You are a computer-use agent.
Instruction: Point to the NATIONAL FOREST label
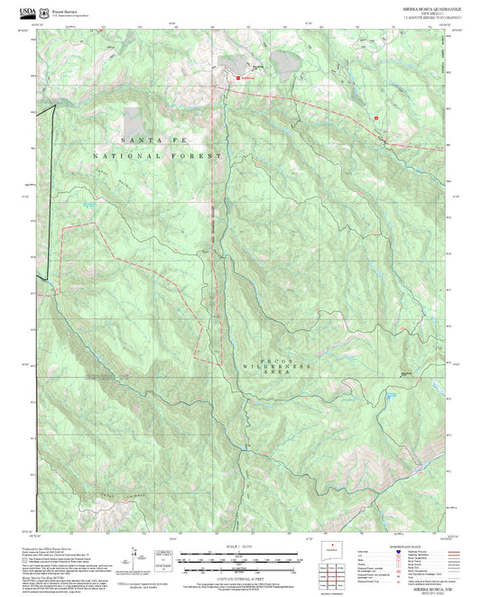click(158, 156)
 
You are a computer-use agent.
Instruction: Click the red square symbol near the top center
click(238, 78)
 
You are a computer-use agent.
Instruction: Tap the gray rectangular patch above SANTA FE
click(134, 120)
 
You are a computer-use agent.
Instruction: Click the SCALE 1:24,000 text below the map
click(239, 545)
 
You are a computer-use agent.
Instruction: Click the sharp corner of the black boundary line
click(55, 106)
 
